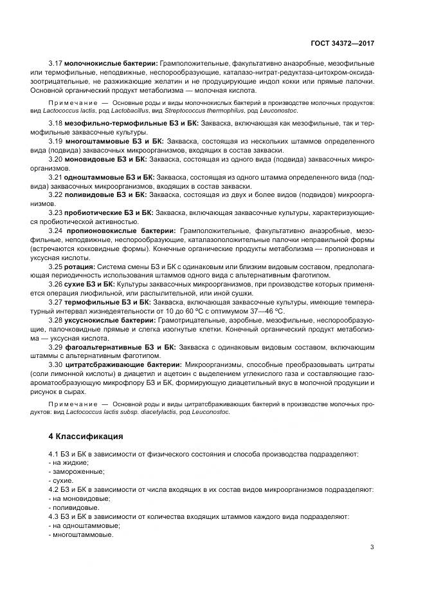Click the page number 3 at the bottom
click(372, 547)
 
